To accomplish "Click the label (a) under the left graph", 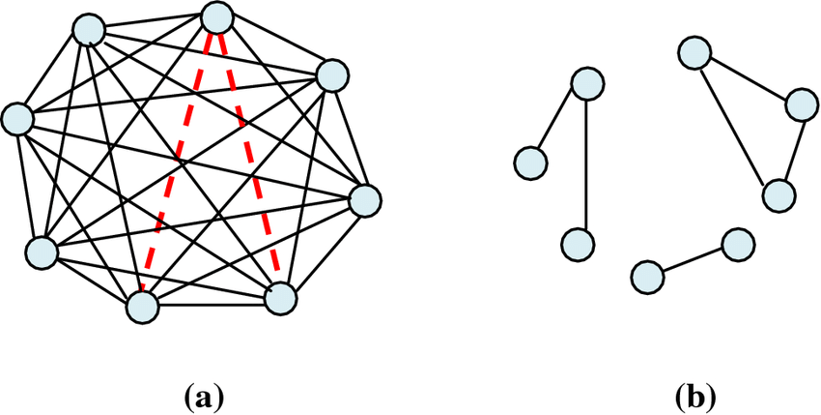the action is tap(204, 399).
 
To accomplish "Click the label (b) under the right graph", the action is tap(695, 399).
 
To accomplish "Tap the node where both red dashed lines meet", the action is tap(216, 18).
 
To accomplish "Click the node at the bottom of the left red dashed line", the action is tap(142, 307).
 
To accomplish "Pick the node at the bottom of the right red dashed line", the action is tap(281, 300).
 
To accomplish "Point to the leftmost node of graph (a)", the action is tap(17, 119).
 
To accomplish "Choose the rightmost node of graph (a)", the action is tap(365, 200).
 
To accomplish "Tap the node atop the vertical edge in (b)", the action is tap(587, 83).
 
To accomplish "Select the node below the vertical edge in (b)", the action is tap(577, 244).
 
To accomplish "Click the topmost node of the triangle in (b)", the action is tap(694, 52).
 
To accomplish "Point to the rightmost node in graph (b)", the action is tap(801, 104).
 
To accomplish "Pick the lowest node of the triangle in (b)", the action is tap(779, 195).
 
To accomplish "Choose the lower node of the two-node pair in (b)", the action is tap(648, 277).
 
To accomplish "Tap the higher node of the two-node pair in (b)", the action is tap(738, 244).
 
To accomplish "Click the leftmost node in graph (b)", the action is tap(531, 163).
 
